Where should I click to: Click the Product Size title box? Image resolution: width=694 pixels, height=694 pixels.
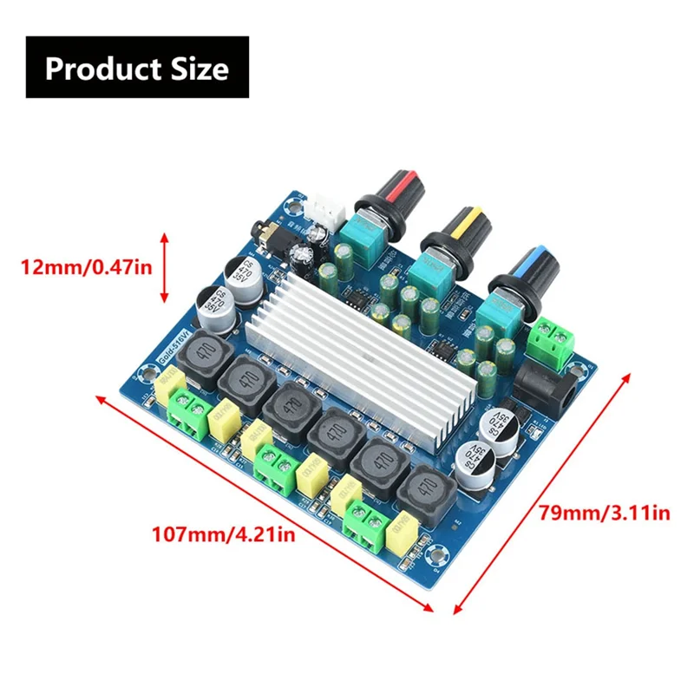pyautogui.click(x=136, y=67)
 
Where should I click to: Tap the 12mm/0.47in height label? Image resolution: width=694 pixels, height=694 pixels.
pyautogui.click(x=84, y=268)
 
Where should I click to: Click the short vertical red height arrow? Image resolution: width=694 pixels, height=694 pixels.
pyautogui.click(x=164, y=266)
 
